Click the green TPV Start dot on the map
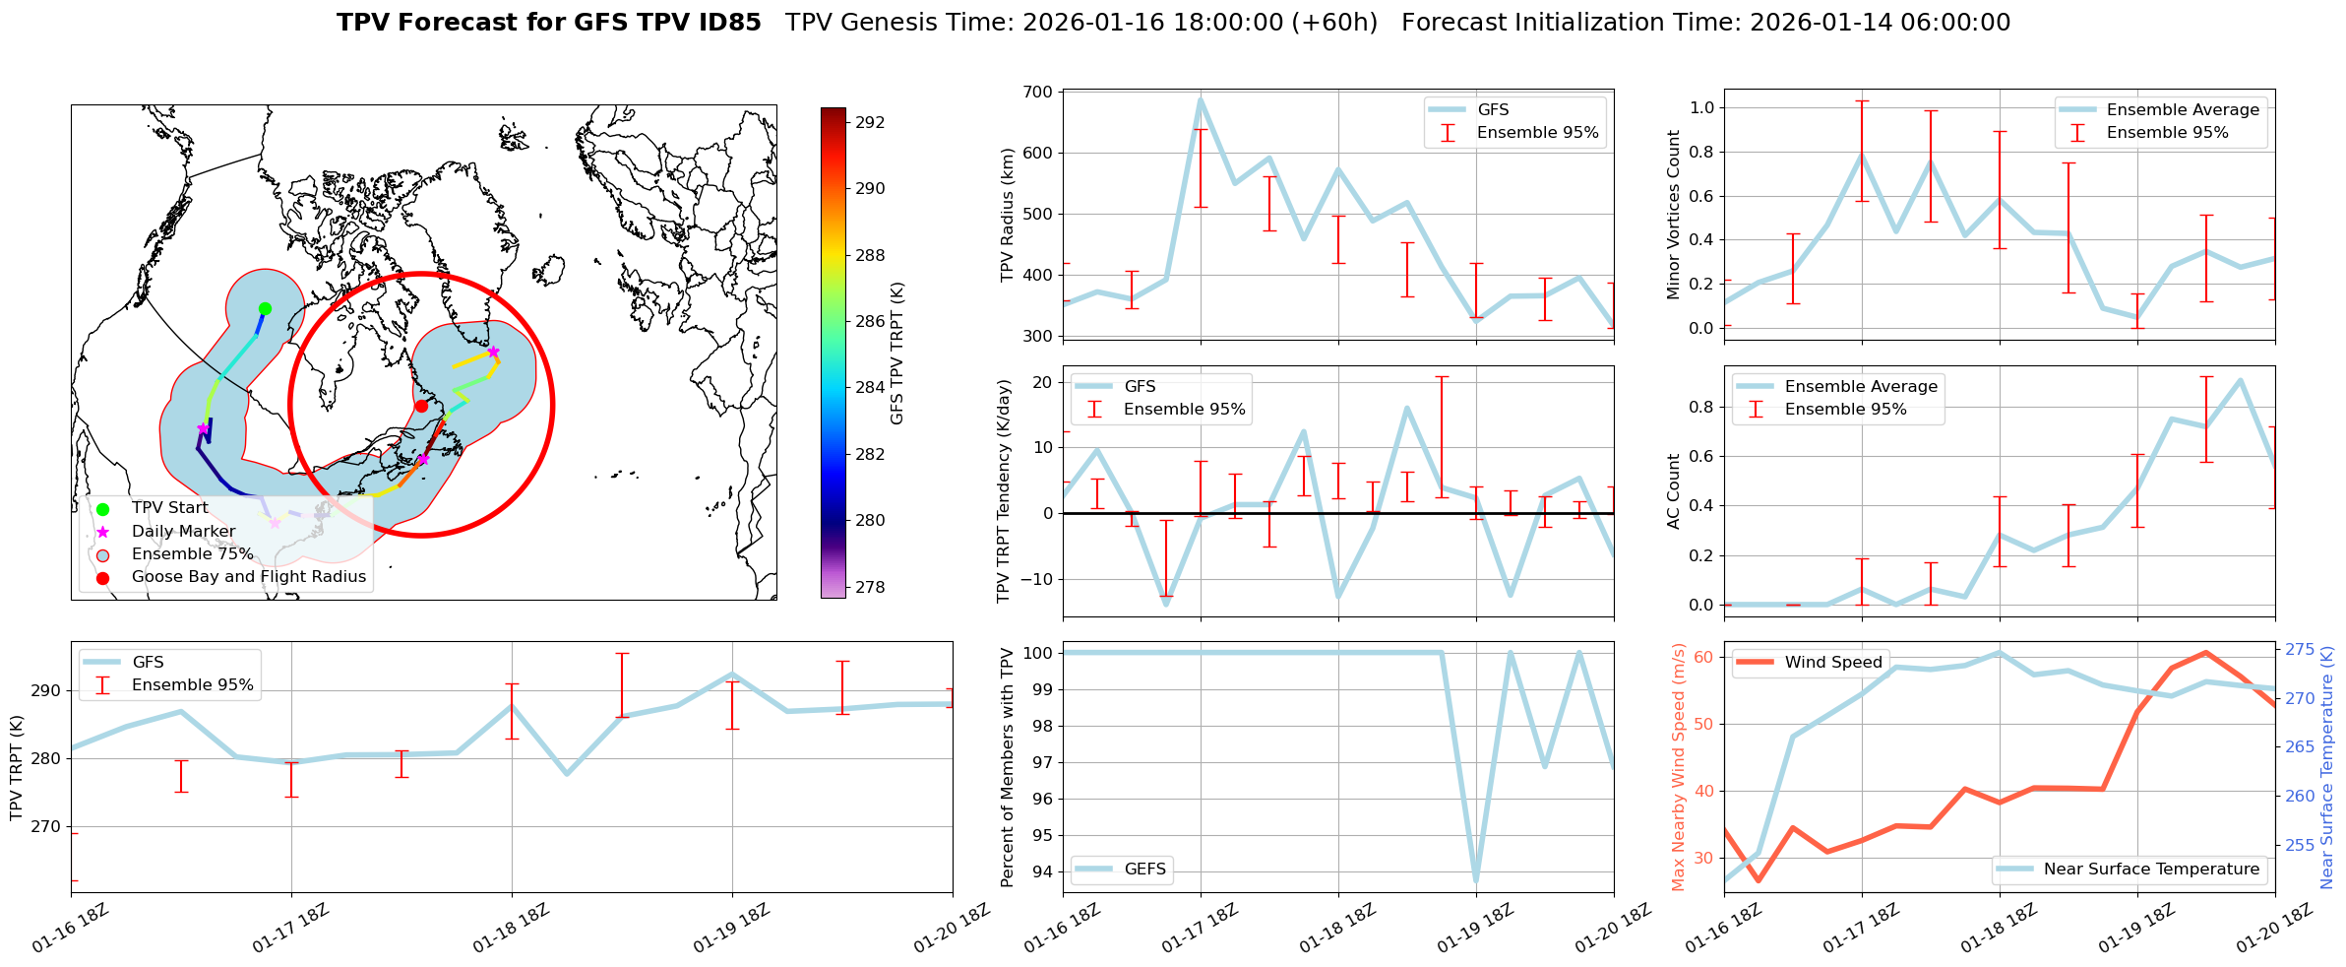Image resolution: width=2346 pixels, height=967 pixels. point(265,308)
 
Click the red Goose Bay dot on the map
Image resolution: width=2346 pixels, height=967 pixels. point(421,406)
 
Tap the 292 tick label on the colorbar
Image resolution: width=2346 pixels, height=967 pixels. point(870,123)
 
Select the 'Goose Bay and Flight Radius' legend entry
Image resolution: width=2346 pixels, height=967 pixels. point(248,577)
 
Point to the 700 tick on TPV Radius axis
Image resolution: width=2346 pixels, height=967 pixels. point(1039,93)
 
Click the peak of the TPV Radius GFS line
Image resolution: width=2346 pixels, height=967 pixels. point(1201,98)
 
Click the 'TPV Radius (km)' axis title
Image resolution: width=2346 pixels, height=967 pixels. point(1007,215)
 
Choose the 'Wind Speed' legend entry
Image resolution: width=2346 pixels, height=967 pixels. point(1832,663)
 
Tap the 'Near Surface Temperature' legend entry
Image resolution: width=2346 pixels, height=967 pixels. point(2151,870)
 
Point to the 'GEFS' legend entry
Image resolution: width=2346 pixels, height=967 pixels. point(1144,870)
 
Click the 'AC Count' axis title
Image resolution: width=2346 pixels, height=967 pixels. point(1673,491)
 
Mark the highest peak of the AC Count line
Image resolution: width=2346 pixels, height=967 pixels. point(2240,380)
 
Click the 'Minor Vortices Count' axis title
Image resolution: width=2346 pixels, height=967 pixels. point(1673,215)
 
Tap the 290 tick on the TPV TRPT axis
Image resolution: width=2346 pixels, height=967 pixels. point(45,690)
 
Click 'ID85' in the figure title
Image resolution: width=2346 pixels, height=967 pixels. point(726,23)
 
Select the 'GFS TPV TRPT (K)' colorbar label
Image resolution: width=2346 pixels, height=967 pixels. point(896,353)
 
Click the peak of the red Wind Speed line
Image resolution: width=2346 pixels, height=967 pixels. point(2205,652)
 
